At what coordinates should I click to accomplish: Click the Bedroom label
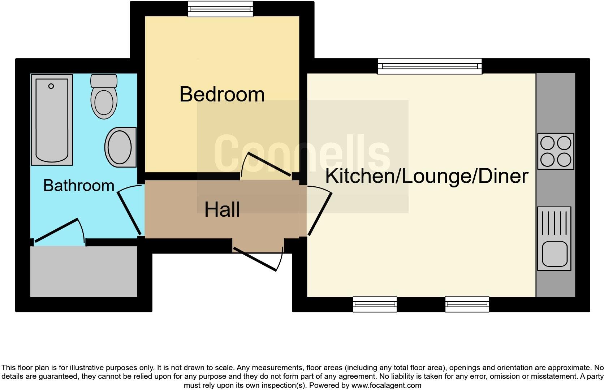(x=222, y=94)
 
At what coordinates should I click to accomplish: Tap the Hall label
(x=222, y=209)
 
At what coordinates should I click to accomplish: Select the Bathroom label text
(x=78, y=185)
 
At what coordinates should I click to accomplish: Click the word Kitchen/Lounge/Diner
(x=426, y=176)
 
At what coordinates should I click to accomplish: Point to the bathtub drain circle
(x=51, y=86)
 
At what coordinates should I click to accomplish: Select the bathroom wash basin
(x=120, y=147)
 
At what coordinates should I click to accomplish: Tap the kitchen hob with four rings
(x=555, y=151)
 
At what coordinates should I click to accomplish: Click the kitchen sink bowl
(x=554, y=253)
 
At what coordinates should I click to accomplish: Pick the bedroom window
(x=220, y=9)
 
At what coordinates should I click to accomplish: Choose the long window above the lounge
(x=430, y=66)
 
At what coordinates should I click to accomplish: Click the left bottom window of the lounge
(x=375, y=304)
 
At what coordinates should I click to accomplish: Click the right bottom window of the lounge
(x=467, y=304)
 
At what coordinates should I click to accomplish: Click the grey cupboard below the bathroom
(x=83, y=272)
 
